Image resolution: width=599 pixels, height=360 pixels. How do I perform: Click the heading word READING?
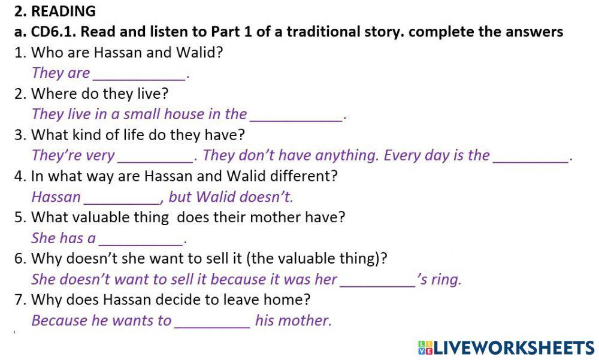(x=63, y=11)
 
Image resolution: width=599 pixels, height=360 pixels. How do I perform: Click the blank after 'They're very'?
(x=155, y=156)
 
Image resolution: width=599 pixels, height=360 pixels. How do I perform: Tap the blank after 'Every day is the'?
(x=530, y=156)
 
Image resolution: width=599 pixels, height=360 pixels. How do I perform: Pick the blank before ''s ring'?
(x=377, y=280)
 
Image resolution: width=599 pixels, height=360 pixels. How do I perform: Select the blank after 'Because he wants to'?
(x=212, y=321)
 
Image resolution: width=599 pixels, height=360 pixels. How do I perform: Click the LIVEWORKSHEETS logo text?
(x=513, y=347)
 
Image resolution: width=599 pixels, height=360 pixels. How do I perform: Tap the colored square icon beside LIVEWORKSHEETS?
(x=425, y=347)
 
